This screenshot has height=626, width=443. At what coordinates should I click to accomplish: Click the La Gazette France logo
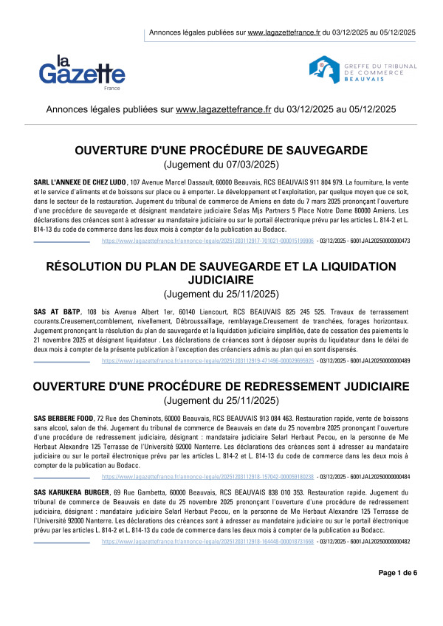82,72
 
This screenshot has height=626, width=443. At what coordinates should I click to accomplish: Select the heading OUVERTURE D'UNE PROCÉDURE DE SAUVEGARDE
221,151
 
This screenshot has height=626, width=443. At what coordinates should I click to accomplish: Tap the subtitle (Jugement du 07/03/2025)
221,165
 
